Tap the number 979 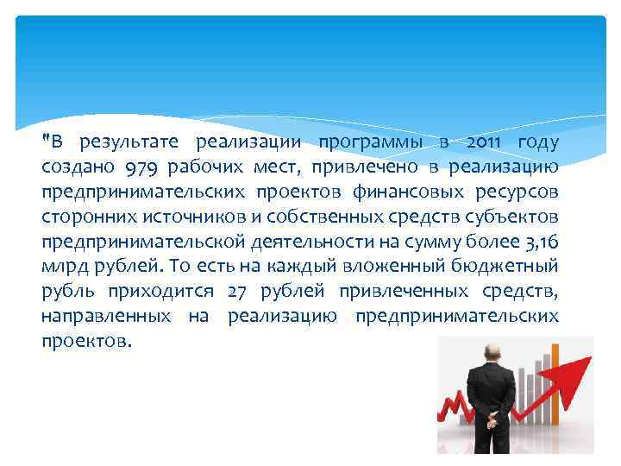(141, 167)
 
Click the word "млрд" (65, 267)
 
